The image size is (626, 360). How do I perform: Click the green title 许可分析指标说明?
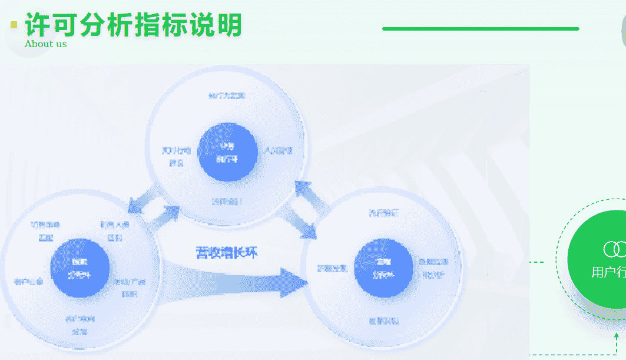pyautogui.click(x=133, y=25)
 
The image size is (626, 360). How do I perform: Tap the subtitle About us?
pyautogui.click(x=45, y=44)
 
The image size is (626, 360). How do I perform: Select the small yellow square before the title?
pyautogui.click(x=14, y=25)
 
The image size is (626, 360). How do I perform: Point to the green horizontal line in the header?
pyautogui.click(x=480, y=28)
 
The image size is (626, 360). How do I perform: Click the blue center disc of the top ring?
pyautogui.click(x=227, y=153)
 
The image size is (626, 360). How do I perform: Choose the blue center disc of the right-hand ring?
pyautogui.click(x=382, y=268)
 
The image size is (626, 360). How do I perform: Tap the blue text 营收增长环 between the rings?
pyautogui.click(x=226, y=253)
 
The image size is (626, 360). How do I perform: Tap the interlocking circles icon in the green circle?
pyautogui.click(x=615, y=249)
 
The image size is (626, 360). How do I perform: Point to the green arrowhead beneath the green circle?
pyautogui.click(x=616, y=338)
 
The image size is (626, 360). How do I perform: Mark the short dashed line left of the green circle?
pyautogui.click(x=536, y=262)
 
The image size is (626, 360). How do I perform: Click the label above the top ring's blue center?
pyautogui.click(x=226, y=95)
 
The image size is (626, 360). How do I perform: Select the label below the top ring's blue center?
pyautogui.click(x=227, y=202)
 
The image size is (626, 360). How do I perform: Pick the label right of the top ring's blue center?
pyautogui.click(x=278, y=150)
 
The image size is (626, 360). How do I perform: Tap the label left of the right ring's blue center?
pyautogui.click(x=332, y=268)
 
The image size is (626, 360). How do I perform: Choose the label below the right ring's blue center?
pyautogui.click(x=383, y=321)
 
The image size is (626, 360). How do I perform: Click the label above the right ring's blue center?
pyautogui.click(x=383, y=213)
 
